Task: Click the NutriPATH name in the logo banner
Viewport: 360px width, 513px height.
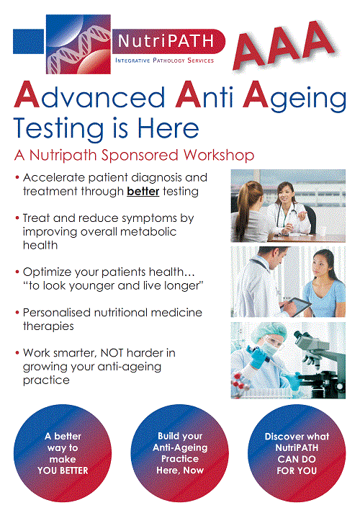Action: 166,41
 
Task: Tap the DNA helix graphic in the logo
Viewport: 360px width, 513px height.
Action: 78,45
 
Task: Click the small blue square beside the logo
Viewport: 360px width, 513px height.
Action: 29,41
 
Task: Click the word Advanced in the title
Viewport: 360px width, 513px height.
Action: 89,95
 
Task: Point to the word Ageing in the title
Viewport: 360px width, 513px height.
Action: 294,97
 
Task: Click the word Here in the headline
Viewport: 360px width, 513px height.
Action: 168,128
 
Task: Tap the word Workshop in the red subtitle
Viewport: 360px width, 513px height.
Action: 219,155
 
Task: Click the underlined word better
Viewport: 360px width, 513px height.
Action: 143,191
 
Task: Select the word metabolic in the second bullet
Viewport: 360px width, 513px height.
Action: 148,231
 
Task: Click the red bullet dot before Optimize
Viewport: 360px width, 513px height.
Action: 17,272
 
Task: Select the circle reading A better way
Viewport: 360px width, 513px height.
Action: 63,453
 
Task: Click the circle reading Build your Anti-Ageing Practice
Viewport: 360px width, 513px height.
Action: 179,453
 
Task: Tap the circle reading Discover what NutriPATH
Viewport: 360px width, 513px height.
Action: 297,453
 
